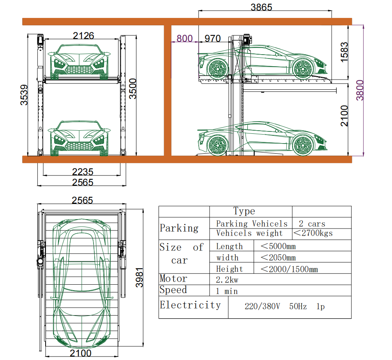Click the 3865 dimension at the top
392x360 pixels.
tap(261, 7)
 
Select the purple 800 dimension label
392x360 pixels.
tap(184, 39)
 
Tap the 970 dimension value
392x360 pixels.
tap(212, 39)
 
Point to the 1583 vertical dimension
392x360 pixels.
tap(344, 52)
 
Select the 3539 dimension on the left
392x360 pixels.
tap(24, 95)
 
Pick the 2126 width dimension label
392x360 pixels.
tap(84, 35)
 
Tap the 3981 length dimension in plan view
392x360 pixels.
tap(139, 277)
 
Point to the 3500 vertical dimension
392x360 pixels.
tap(133, 89)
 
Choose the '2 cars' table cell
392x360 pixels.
tap(312, 223)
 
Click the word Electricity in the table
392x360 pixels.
tap(190, 305)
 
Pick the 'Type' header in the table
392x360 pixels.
tap(244, 211)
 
